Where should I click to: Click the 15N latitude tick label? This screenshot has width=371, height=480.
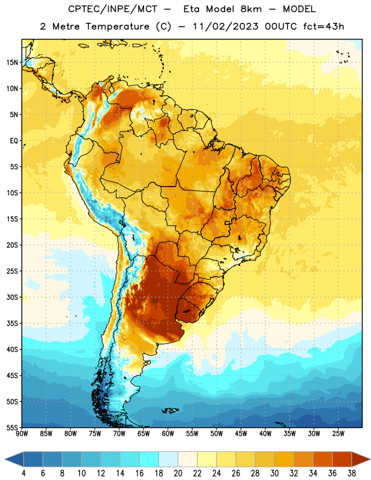12,62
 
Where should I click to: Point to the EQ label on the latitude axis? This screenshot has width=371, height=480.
14,141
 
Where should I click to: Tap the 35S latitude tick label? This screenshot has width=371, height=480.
12,323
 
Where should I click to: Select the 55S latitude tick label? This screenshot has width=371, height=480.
12,428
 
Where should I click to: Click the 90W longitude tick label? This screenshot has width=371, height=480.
22,434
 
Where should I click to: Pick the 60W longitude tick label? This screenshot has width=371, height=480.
168,434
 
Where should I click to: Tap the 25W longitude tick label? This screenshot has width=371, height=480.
338,434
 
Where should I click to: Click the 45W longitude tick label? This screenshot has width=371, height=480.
241,434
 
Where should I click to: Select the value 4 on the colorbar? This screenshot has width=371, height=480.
23,473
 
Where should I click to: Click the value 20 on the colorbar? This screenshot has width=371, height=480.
178,473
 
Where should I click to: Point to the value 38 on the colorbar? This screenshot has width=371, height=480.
352,473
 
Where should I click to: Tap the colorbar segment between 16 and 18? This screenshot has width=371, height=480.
149,460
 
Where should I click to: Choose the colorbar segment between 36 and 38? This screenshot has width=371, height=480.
342,460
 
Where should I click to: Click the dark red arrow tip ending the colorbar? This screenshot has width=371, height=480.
370,460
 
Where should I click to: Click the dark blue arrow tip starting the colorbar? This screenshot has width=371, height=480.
5,460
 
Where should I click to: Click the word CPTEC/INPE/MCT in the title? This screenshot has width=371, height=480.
112,9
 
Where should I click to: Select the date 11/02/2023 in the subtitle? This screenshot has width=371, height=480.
226,26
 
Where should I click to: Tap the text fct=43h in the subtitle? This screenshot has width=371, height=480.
324,26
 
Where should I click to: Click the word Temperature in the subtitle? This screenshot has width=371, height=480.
117,27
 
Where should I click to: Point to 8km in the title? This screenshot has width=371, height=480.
251,9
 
